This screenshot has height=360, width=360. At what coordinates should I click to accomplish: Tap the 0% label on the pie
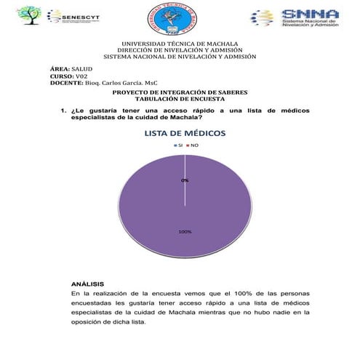185,180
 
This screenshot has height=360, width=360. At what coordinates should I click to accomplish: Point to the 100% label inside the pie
185,231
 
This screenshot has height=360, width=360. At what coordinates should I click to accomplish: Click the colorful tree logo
31,15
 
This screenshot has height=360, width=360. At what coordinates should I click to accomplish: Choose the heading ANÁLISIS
87,283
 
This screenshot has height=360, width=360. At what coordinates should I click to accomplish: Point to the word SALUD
81,68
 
